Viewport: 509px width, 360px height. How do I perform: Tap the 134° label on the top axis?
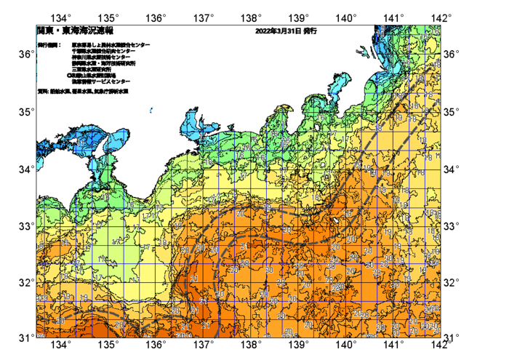62,17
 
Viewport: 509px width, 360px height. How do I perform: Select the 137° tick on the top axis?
204,17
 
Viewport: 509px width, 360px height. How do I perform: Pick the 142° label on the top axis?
440,17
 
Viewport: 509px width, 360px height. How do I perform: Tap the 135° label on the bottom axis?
109,345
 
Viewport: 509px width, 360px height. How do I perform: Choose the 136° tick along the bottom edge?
156,345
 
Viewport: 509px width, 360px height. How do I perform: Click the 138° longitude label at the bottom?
251,345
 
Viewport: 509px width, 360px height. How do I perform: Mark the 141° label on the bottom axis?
393,345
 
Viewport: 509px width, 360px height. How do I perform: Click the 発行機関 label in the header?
50,44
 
